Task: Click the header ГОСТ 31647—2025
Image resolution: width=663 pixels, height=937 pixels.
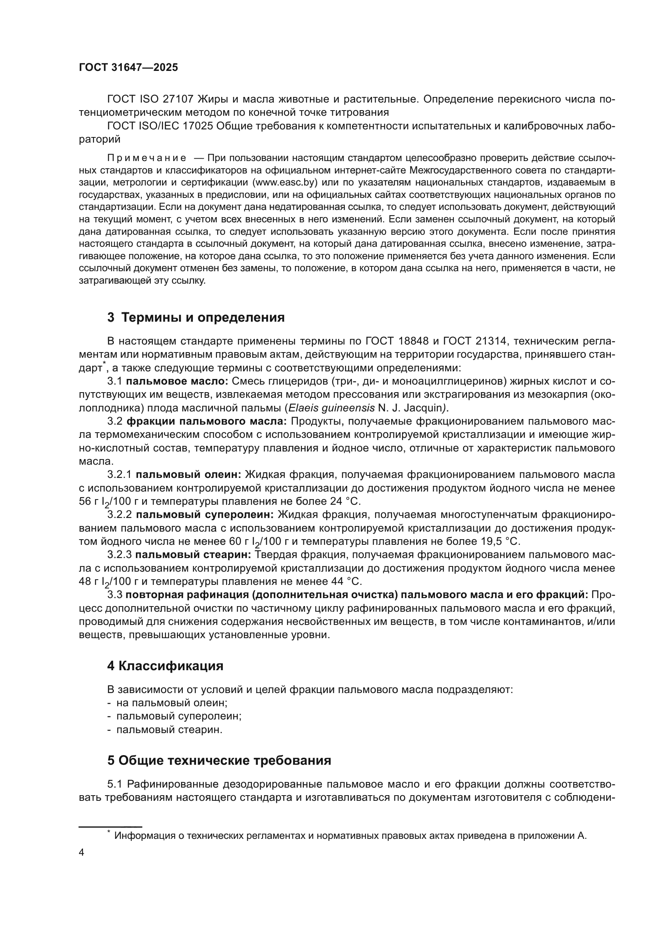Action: [128, 68]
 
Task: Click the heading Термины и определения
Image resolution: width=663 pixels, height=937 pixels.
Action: [203, 318]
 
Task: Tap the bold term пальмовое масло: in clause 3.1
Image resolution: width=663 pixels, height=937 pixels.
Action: [177, 382]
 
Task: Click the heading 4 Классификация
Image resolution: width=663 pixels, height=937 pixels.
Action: [165, 667]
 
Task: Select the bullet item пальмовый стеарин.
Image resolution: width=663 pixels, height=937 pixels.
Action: [169, 729]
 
